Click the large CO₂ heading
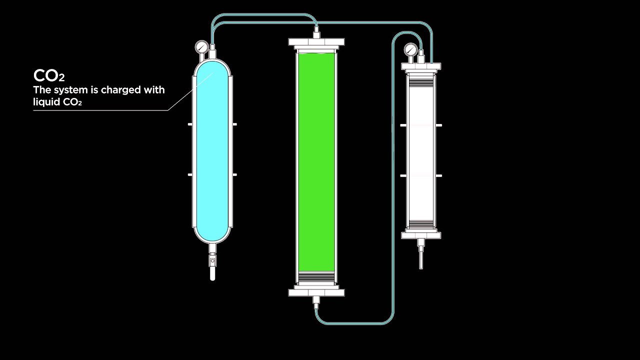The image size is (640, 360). coord(48,76)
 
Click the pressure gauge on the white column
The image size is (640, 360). coord(410,49)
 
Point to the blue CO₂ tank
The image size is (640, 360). coord(212,150)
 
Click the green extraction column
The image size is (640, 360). coord(316,160)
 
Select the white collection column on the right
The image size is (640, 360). coord(421,150)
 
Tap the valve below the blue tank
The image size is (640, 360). coord(212,261)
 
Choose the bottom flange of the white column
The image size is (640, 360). coord(421,234)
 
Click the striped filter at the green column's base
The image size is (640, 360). coord(316,276)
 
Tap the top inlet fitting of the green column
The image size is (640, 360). coord(316,34)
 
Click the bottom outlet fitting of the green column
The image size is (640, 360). coord(316,301)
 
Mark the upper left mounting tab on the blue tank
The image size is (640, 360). coord(190,124)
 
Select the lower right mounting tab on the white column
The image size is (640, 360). coord(438,175)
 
